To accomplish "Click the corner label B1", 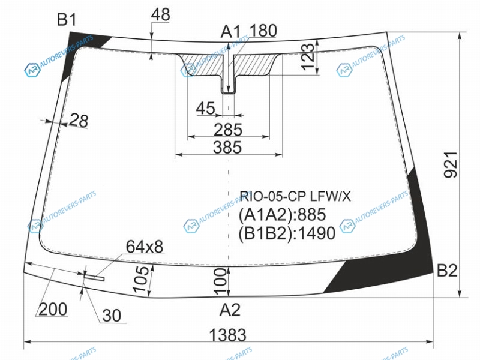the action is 67,20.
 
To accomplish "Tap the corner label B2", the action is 447,271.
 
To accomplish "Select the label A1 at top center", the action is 231,32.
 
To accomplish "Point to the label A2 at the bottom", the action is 230,310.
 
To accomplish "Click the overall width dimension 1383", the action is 228,335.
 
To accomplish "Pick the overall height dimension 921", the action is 451,164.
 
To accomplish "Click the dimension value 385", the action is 227,147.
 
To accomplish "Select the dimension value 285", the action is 228,130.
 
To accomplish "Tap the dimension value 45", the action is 206,108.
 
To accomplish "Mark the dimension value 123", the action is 308,57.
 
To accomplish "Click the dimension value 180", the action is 263,31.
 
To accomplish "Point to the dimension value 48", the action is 161,14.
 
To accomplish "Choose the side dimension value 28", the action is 79,121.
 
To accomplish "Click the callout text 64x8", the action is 145,247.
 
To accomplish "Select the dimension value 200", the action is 53,309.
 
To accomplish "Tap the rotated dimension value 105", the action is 141,279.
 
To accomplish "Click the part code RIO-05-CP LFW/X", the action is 295,196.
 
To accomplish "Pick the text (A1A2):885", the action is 282,215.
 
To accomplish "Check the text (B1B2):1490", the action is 287,233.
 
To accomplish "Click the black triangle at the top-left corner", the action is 78,49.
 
